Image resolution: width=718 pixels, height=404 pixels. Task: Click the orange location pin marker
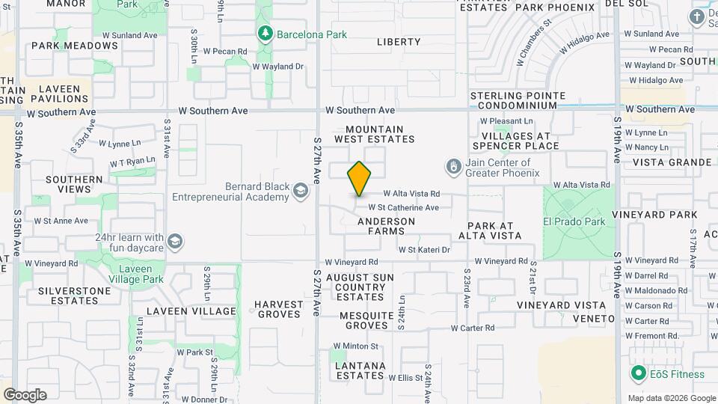pyautogui.click(x=359, y=179)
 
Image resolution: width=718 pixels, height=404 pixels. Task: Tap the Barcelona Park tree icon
pyautogui.click(x=264, y=34)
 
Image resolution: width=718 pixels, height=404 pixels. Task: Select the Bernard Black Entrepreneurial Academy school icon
pyautogui.click(x=301, y=192)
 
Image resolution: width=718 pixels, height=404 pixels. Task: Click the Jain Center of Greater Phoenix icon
pyautogui.click(x=452, y=165)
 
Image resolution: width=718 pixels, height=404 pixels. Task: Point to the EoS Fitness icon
pyautogui.click(x=638, y=373)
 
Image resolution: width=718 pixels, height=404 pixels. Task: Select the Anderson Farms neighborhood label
pyautogui.click(x=386, y=227)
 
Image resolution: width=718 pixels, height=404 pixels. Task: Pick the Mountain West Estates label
pyautogui.click(x=374, y=134)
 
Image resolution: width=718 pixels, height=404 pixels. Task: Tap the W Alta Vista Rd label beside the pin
pyautogui.click(x=411, y=193)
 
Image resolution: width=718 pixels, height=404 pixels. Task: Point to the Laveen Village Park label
pyautogui.click(x=135, y=274)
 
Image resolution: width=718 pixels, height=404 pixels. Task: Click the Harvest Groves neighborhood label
pyautogui.click(x=278, y=309)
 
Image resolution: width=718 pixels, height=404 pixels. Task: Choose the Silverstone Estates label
pyautogui.click(x=64, y=295)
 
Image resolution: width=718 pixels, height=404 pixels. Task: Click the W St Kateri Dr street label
pyautogui.click(x=424, y=249)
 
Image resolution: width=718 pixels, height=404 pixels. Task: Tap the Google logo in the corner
pyautogui.click(x=25, y=395)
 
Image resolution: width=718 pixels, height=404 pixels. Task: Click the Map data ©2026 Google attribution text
pyautogui.click(x=672, y=398)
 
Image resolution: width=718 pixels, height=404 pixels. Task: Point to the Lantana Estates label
pyautogui.click(x=360, y=370)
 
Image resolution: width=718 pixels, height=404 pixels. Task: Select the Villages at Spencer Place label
pyautogui.click(x=516, y=141)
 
